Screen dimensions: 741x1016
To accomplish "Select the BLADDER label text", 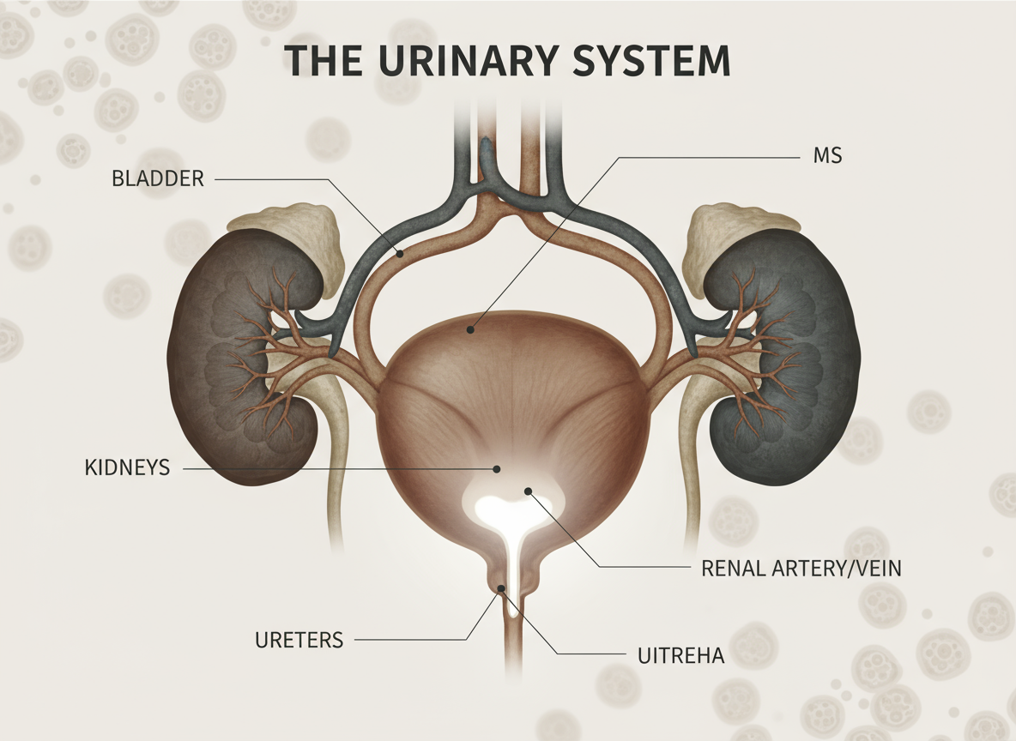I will pyautogui.click(x=158, y=179).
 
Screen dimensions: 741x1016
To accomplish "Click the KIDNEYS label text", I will pyautogui.click(x=128, y=468).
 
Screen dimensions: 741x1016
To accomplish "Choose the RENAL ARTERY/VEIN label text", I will pyautogui.click(x=801, y=569).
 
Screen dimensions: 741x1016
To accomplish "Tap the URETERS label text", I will pyautogui.click(x=299, y=640).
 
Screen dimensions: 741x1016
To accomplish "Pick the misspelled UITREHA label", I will pyautogui.click(x=681, y=657).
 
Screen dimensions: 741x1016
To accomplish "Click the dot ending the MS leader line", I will pyautogui.click(x=469, y=328).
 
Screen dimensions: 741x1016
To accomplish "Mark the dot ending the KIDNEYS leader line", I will pyautogui.click(x=496, y=468).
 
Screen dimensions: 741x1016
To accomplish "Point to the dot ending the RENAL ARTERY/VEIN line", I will pyautogui.click(x=529, y=491).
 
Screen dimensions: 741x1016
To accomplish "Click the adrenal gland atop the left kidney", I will pyautogui.click(x=289, y=228).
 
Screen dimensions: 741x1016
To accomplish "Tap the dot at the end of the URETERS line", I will pyautogui.click(x=502, y=587).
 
